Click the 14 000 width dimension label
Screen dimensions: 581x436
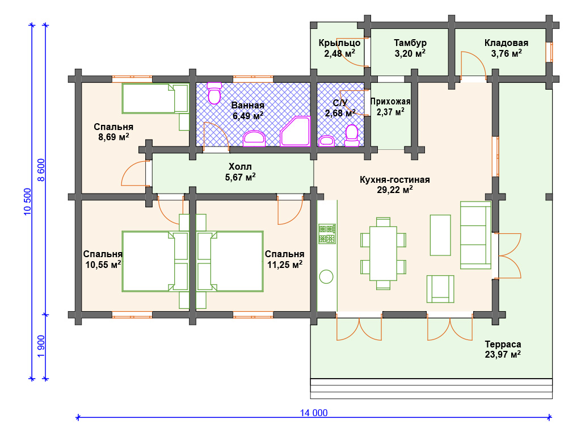coord(313,413)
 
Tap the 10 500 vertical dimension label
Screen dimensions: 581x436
coord(28,202)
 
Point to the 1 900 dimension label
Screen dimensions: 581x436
coord(41,346)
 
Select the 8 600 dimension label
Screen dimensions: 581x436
coord(41,170)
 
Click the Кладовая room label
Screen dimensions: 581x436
coord(506,43)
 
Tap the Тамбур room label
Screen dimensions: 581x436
coord(410,43)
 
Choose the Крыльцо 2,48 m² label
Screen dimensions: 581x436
coord(339,48)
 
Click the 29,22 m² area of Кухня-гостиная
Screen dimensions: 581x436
coord(395,190)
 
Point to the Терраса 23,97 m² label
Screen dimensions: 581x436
coord(503,349)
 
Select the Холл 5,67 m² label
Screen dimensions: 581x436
coord(240,171)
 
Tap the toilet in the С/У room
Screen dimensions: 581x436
coord(352,136)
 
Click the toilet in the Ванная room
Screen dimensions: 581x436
coord(214,93)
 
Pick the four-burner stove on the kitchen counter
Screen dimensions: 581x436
coord(327,233)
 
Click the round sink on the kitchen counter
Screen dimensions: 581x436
coord(326,276)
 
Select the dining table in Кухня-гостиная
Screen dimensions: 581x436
coord(383,254)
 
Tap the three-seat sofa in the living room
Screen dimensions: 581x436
coord(476,235)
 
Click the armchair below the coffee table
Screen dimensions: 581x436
coord(440,289)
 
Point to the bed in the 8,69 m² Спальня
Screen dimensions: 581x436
coord(155,98)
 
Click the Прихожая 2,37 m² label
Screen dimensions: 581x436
coord(390,106)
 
